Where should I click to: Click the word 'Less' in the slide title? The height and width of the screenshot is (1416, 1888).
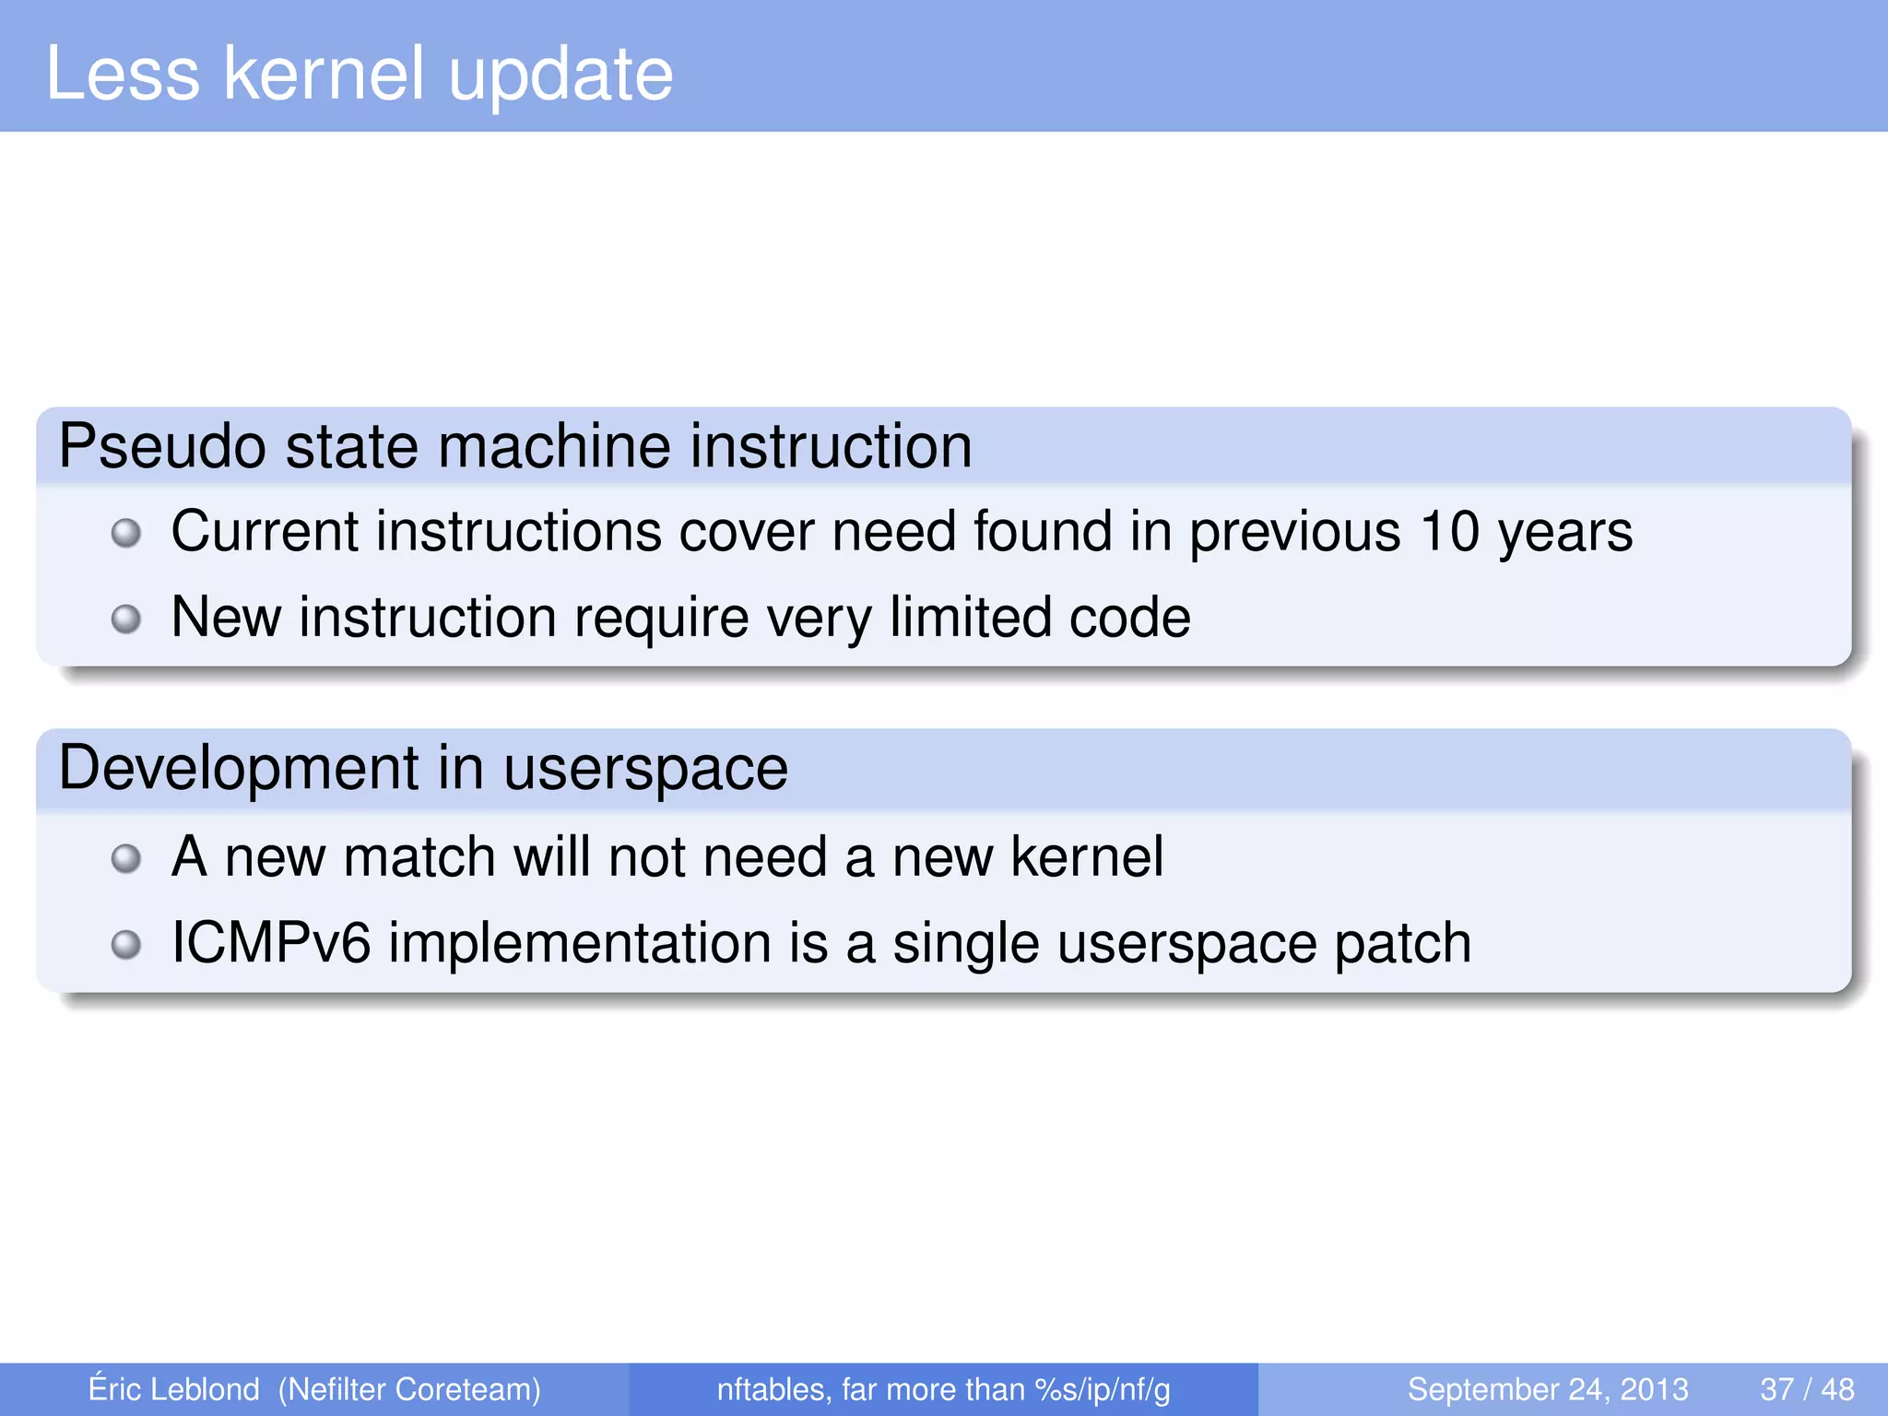123,74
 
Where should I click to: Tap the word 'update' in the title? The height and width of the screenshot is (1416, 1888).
560,76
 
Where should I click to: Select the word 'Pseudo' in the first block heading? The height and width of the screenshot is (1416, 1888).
162,447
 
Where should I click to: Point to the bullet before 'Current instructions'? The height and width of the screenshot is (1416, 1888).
126,533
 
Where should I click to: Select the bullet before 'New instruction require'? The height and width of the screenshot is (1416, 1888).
126,619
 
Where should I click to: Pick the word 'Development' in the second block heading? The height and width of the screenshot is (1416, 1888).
239,769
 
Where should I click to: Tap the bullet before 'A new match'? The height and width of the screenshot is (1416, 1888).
126,859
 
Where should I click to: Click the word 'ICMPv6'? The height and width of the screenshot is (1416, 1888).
271,943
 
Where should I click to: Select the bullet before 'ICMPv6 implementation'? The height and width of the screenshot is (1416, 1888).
126,945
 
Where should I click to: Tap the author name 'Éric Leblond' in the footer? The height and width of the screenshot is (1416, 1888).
173,1388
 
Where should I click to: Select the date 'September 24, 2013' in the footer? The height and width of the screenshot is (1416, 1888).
1548,1389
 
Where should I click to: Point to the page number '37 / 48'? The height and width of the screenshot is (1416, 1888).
1807,1389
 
